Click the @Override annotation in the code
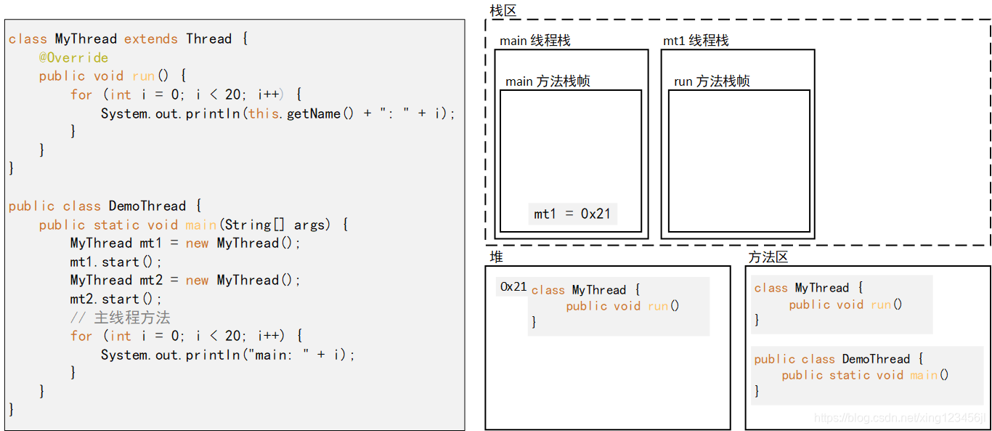(x=73, y=57)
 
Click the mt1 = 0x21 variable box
(x=572, y=214)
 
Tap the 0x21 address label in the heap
(x=513, y=287)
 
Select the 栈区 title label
(x=503, y=10)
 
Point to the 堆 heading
(x=496, y=257)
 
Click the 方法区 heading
(x=768, y=257)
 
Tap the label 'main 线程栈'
(x=535, y=41)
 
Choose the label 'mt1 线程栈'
(x=696, y=41)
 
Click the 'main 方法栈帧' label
(x=548, y=81)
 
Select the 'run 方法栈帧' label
(x=712, y=81)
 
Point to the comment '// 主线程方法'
(x=121, y=318)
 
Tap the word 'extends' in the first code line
(x=151, y=39)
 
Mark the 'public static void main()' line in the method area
(x=865, y=375)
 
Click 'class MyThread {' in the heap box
(x=585, y=290)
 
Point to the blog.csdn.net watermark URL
(x=900, y=418)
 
